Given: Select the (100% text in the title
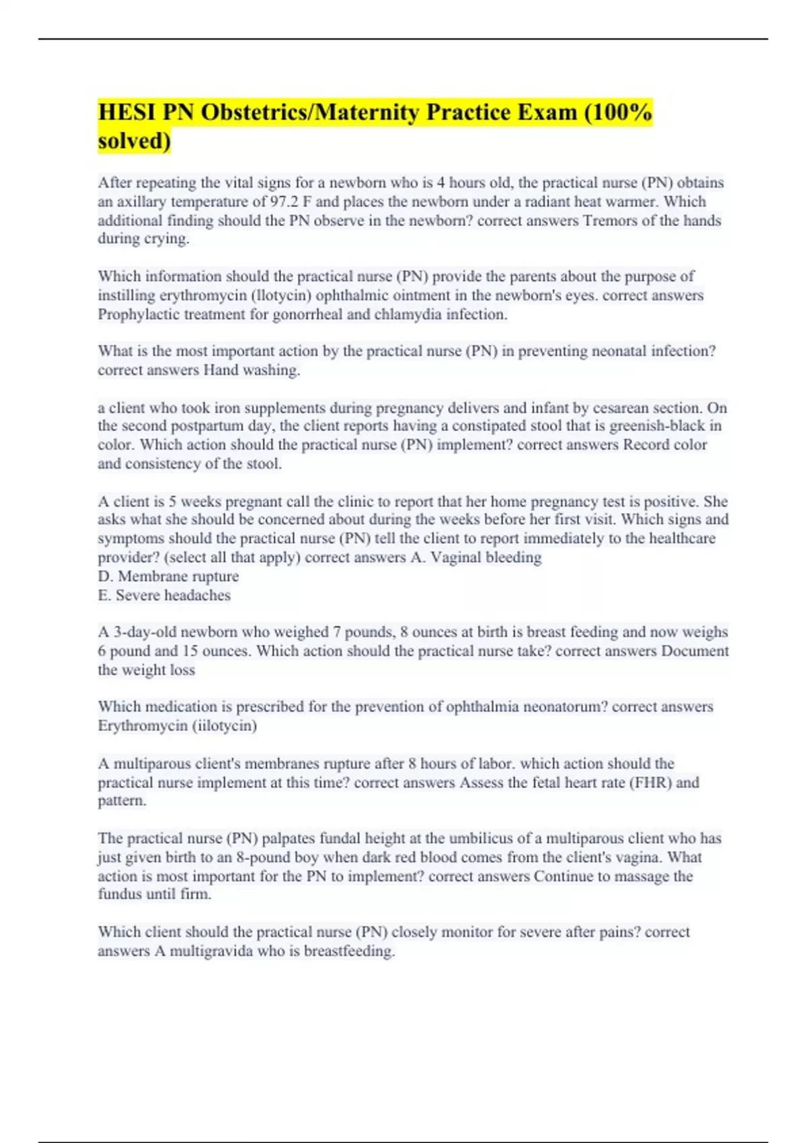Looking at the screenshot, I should coord(618,112).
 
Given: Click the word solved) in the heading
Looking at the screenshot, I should coord(134,141).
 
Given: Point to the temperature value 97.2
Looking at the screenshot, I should coord(283,202).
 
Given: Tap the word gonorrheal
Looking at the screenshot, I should coord(307,314).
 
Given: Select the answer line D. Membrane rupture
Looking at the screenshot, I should coord(168,576).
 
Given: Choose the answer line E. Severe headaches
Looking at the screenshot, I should coord(164,595).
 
